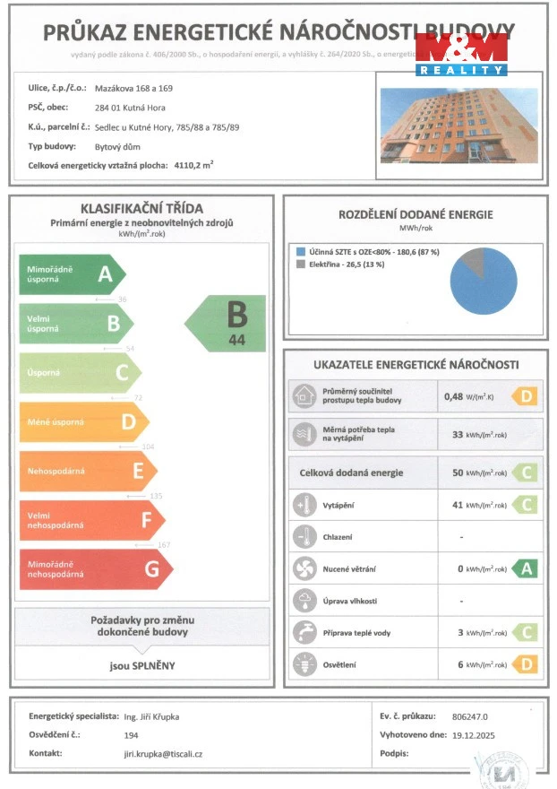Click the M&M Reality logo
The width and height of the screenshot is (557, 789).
pyautogui.click(x=461, y=54)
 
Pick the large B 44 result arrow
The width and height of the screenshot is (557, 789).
pyautogui.click(x=227, y=324)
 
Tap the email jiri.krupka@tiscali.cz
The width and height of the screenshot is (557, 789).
pyautogui.click(x=163, y=754)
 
